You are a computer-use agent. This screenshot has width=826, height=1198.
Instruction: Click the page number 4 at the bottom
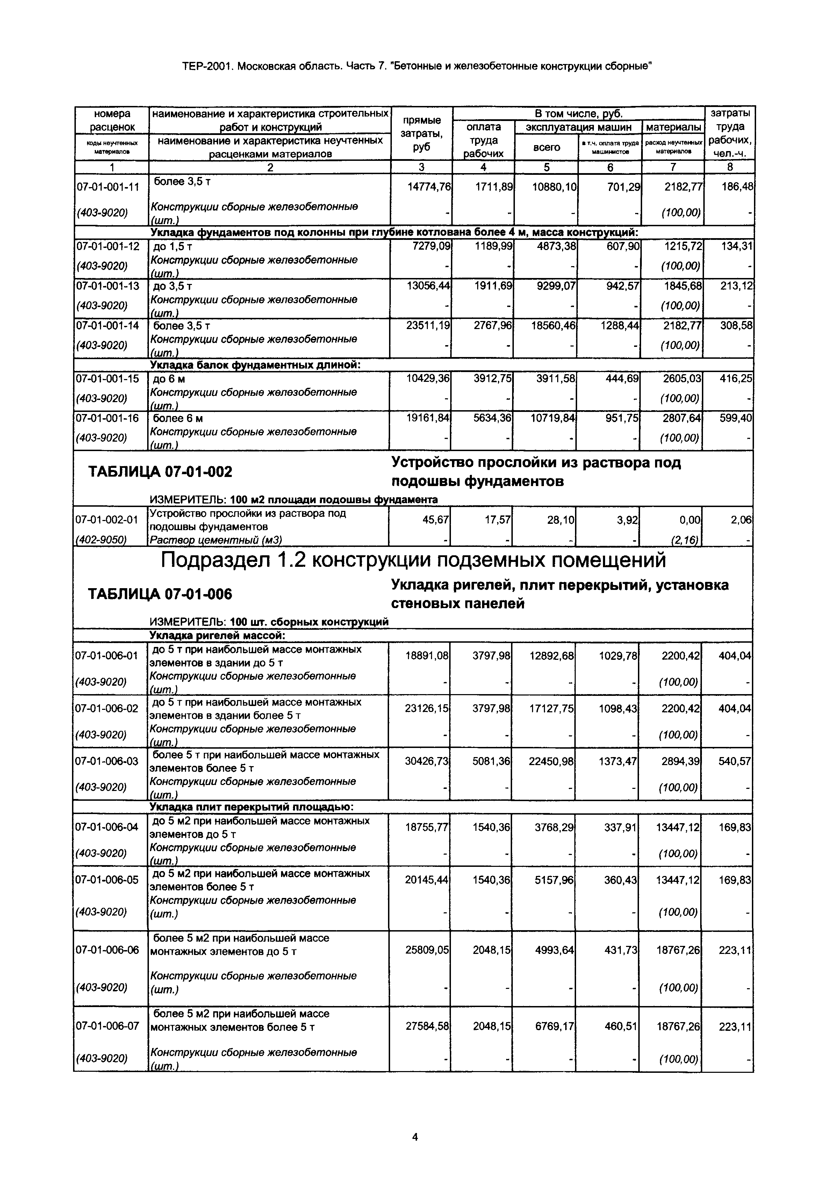pos(415,1136)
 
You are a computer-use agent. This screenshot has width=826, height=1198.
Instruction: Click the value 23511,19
pos(429,326)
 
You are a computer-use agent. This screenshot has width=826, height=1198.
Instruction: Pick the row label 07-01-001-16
pos(108,418)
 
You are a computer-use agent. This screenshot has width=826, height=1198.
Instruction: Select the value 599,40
pos(735,418)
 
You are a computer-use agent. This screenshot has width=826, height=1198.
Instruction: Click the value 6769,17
pos(554,1027)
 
